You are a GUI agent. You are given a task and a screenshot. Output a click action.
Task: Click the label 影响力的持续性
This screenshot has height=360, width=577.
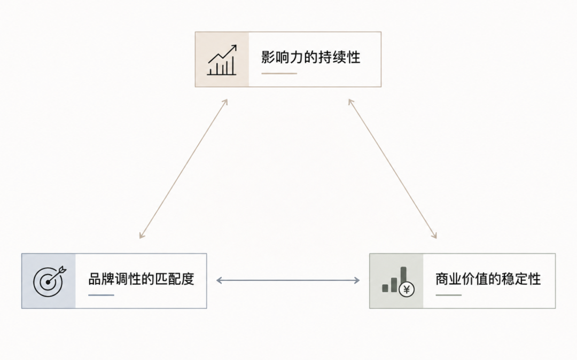[x=310, y=57]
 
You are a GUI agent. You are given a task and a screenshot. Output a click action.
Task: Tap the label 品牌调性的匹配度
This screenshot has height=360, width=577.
[x=141, y=279]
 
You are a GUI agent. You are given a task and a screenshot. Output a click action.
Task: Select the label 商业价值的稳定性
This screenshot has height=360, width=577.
[x=488, y=279]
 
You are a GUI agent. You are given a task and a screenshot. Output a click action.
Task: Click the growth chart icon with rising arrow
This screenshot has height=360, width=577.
[x=222, y=60]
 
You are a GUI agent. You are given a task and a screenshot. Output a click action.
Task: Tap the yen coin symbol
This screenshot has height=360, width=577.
[x=406, y=290]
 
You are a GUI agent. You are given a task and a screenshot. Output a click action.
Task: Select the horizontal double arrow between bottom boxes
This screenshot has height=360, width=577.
[x=288, y=280]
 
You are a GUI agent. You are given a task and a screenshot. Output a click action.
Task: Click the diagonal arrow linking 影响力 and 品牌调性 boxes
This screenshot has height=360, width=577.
[x=184, y=169]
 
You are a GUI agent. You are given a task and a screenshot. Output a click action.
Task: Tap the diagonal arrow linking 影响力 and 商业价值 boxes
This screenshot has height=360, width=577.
[x=393, y=169]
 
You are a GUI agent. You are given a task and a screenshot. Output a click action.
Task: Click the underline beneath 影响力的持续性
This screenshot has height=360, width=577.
[x=279, y=74]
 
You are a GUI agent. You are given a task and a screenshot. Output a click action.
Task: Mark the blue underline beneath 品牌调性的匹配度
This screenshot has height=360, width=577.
[x=101, y=295]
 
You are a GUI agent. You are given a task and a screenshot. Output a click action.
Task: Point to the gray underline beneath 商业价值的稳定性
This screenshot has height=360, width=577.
[x=448, y=295]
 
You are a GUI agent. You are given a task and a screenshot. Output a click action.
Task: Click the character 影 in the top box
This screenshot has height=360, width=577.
[x=268, y=57]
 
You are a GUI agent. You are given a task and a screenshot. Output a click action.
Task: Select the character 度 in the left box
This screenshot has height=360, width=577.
[x=188, y=279]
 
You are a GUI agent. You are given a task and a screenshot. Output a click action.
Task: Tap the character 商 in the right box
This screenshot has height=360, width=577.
[x=442, y=279]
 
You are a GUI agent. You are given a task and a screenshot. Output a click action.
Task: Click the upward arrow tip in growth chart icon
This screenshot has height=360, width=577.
[x=236, y=45]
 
